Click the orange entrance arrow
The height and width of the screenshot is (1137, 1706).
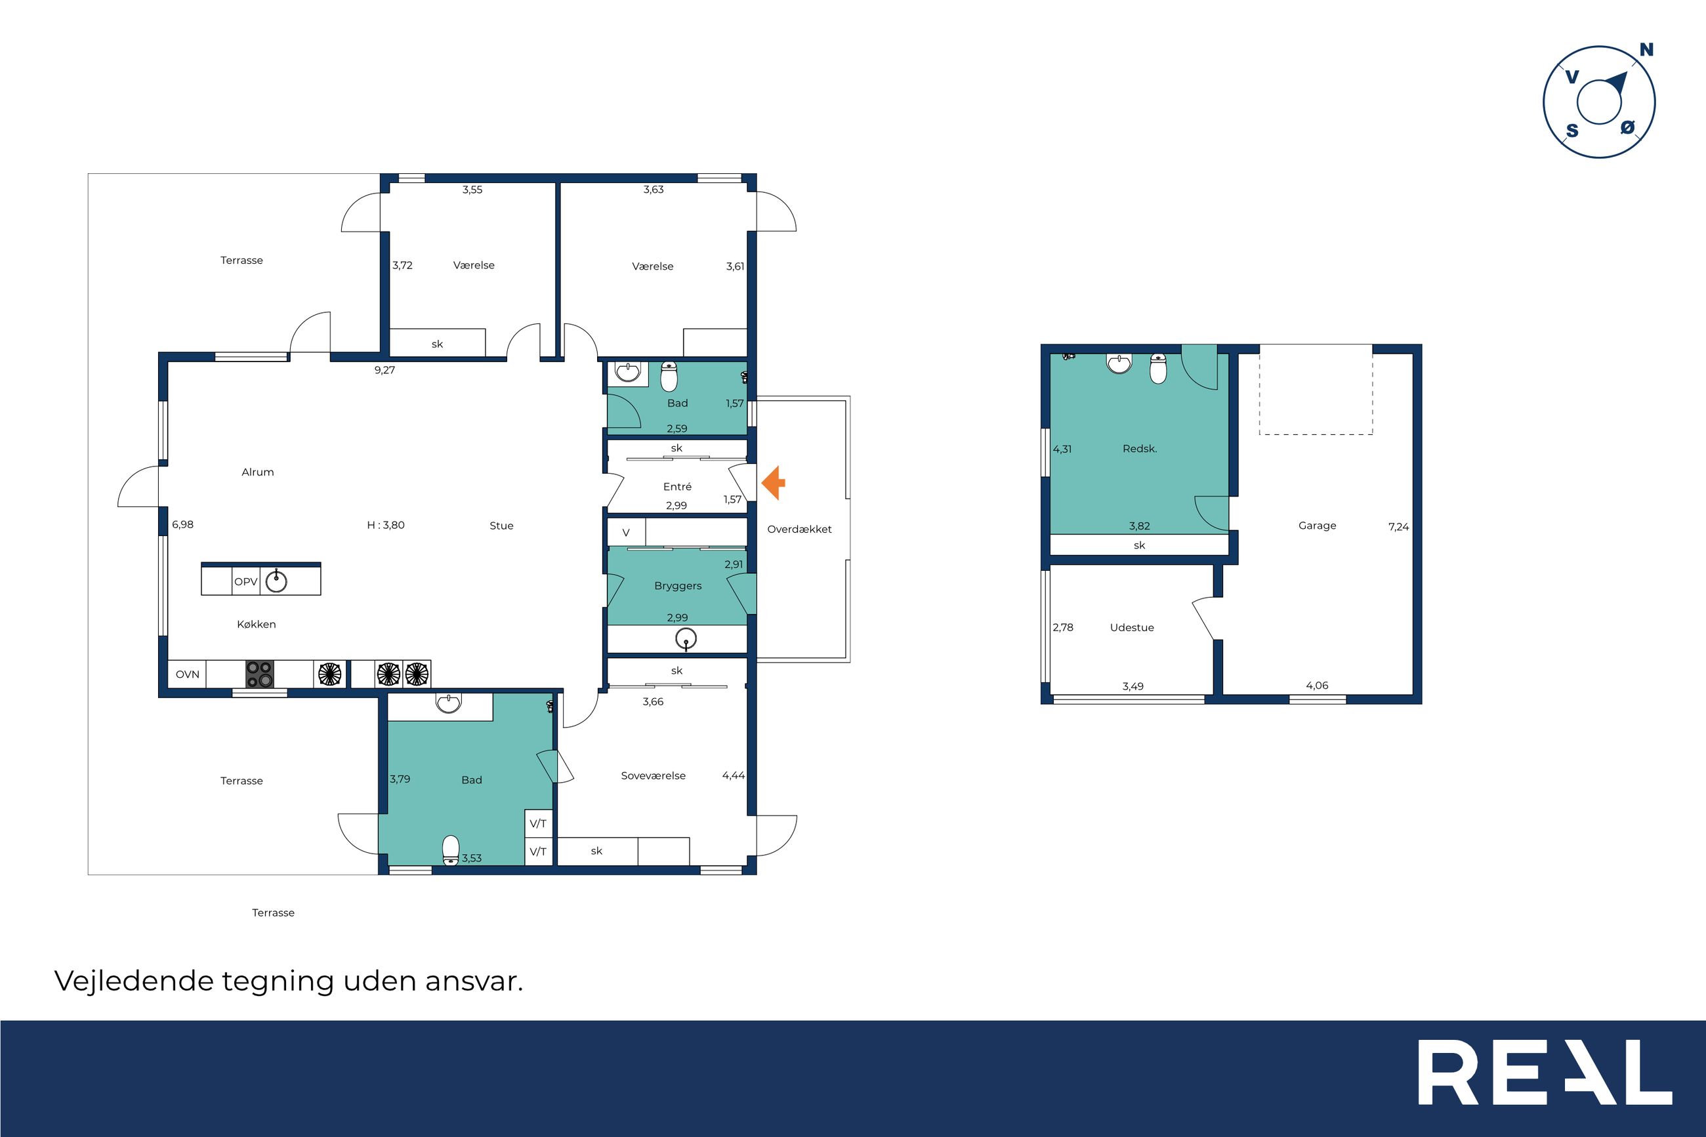coord(773,483)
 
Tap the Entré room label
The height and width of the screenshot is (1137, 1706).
coord(677,487)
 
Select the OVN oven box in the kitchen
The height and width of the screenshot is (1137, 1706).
coord(187,674)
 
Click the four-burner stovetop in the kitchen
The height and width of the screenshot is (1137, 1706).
coord(260,674)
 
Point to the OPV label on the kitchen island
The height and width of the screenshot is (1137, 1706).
coord(246,581)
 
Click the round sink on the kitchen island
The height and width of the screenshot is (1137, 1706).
coord(276,581)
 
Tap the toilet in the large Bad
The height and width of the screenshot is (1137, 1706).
coord(451,850)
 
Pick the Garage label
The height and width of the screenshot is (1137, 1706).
coord(1318,526)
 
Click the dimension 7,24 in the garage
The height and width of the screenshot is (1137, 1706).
coord(1398,527)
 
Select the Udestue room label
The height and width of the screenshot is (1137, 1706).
coord(1132,628)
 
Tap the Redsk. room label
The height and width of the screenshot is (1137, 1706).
coord(1140,449)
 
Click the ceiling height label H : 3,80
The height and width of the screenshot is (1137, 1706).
coord(386,525)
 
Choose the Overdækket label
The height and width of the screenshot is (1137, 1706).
coord(800,529)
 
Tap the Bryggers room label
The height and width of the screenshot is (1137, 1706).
coord(678,586)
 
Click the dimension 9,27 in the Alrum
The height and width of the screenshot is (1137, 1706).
coord(385,370)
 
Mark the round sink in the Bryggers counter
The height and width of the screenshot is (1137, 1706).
coord(686,639)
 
